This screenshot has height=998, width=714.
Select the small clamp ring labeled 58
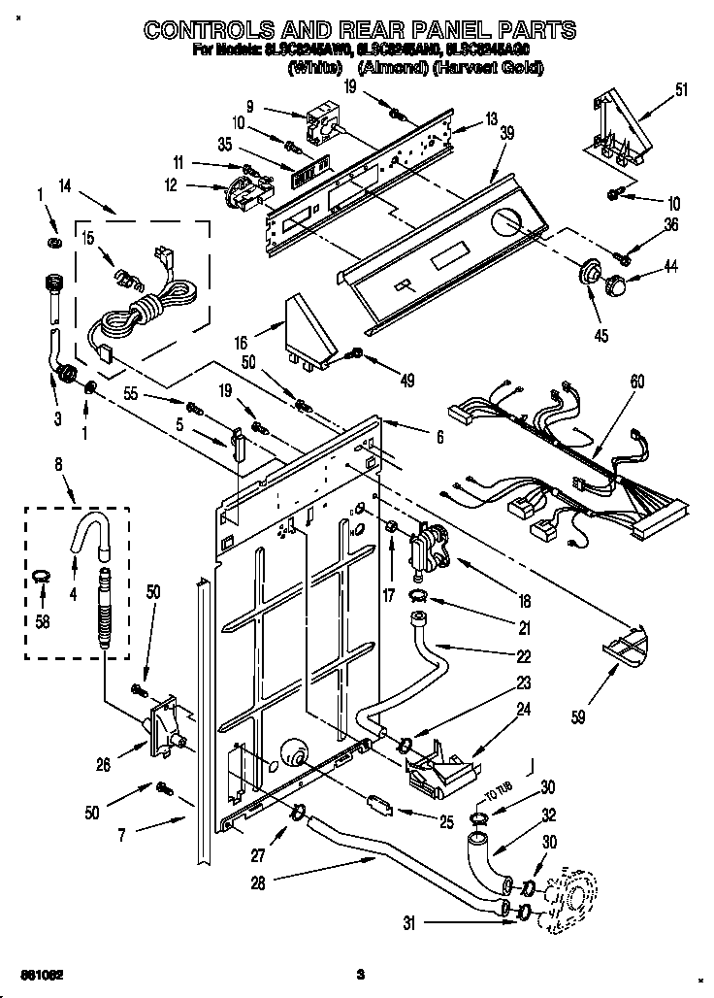(x=39, y=579)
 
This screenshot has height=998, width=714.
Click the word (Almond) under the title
(x=388, y=68)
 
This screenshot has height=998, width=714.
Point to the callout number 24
(x=523, y=710)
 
